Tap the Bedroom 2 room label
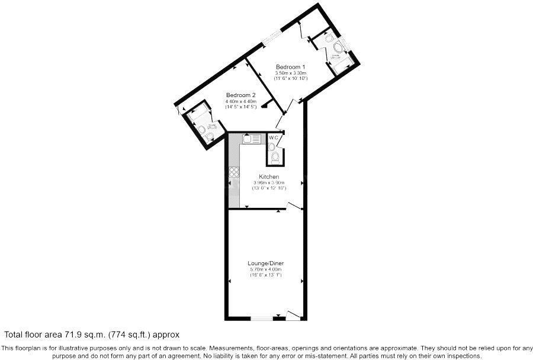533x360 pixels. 240,95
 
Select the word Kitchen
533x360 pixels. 269,177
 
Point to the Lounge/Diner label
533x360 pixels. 264,263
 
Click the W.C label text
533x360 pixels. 274,138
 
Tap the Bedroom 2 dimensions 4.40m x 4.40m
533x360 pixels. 240,102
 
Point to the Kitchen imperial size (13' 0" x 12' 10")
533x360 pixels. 269,188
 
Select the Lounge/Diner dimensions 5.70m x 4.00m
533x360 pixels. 264,269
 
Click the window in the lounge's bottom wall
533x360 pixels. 261,320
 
